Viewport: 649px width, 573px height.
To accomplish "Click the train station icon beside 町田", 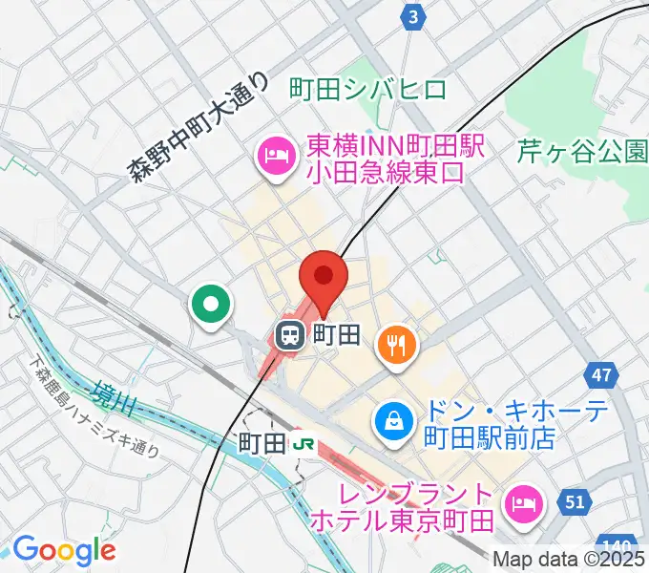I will pos(288,334).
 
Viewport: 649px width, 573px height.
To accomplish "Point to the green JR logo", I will pos(304,443).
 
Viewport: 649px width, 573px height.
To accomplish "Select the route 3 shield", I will pos(412,16).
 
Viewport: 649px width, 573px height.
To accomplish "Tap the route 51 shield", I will pos(574,501).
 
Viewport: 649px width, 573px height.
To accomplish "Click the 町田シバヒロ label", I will pos(367,91).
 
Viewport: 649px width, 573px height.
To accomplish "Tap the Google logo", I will pos(63,550).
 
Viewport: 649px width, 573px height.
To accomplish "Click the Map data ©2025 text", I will pos(570,561).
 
